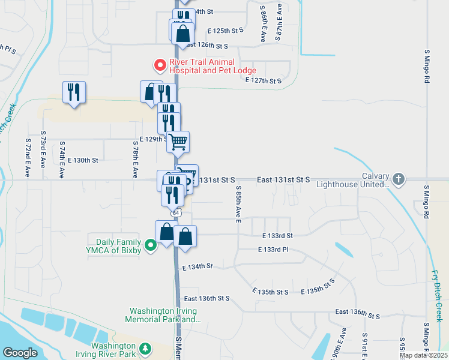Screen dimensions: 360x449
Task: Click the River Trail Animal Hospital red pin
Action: tap(160, 64)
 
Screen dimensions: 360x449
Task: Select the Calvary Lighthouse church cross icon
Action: tap(398, 179)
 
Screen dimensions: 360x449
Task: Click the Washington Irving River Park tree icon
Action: tap(145, 349)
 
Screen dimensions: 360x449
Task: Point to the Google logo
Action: tap(20, 353)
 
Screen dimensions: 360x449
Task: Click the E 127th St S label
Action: tap(267, 80)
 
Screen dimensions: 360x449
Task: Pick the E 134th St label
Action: tap(199, 265)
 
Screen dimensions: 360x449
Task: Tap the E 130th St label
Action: tap(82, 160)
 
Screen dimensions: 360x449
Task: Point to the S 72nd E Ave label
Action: tap(28, 152)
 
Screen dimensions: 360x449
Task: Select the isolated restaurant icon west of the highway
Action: tap(74, 92)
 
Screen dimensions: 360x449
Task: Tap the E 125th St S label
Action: tap(225, 30)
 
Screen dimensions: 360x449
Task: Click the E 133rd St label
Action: tap(277, 236)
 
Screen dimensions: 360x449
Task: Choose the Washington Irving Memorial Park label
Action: tap(165, 316)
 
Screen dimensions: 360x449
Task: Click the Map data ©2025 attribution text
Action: tap(423, 355)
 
